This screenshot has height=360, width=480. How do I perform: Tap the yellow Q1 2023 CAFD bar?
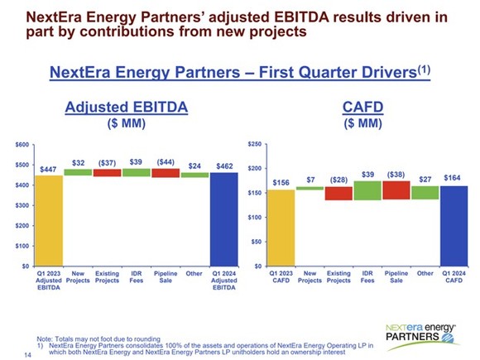click(281, 228)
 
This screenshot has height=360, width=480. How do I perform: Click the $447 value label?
click(50, 169)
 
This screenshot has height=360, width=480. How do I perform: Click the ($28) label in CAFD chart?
click(338, 180)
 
